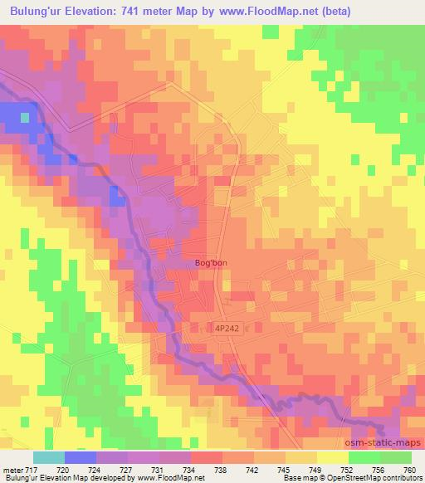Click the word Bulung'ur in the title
click(x=37, y=11)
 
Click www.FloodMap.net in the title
click(x=266, y=11)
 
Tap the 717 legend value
click(x=32, y=470)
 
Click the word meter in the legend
click(x=12, y=470)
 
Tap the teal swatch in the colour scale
click(x=48, y=457)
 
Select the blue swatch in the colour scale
click(x=80, y=457)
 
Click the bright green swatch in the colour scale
click(x=395, y=457)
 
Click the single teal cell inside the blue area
click(x=25, y=117)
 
